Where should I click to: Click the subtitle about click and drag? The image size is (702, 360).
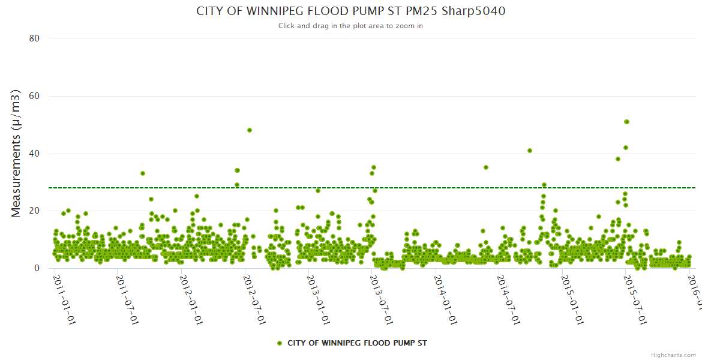click(x=350, y=26)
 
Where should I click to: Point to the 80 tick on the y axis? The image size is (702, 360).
click(x=34, y=38)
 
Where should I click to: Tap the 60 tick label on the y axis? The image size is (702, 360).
click(x=34, y=96)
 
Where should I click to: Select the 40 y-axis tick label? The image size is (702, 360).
click(x=34, y=154)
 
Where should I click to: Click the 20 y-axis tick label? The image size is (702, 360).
click(x=34, y=211)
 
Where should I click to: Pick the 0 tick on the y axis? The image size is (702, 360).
click(x=37, y=268)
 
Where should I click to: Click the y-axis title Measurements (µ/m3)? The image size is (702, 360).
click(x=16, y=152)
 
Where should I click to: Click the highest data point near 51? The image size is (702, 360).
click(x=626, y=122)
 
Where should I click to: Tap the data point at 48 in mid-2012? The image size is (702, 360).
click(x=250, y=130)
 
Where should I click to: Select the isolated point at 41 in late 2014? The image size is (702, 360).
click(x=530, y=151)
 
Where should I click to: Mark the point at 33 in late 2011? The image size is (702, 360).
click(x=143, y=173)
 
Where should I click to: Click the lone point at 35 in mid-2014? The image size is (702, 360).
click(x=486, y=167)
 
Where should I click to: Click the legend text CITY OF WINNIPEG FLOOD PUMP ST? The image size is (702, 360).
click(x=357, y=343)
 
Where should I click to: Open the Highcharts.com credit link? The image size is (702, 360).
click(x=673, y=355)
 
